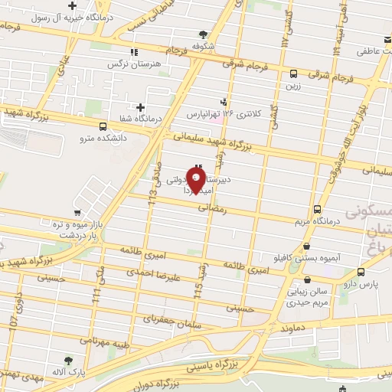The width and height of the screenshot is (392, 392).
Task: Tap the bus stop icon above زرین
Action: [x=294, y=73]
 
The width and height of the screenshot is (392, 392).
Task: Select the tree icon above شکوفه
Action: [x=203, y=34]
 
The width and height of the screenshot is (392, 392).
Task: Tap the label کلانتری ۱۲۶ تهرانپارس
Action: [x=224, y=114]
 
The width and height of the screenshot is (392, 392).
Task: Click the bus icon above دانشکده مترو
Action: [x=103, y=127]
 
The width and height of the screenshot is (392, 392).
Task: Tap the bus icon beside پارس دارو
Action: [x=361, y=271]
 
